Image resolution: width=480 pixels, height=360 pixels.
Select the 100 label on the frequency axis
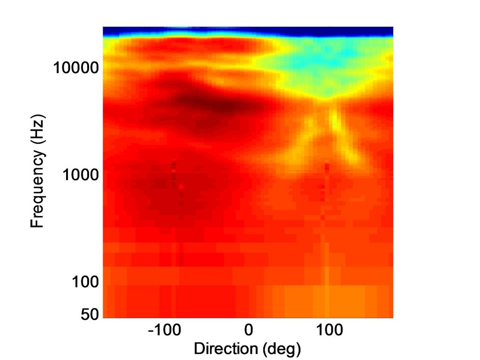pos(85,282)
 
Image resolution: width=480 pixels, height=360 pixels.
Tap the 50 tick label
pos(90,314)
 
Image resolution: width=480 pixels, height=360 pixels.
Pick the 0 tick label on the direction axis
pos(248,330)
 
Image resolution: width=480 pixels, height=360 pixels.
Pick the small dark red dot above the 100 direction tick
pos(327,166)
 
